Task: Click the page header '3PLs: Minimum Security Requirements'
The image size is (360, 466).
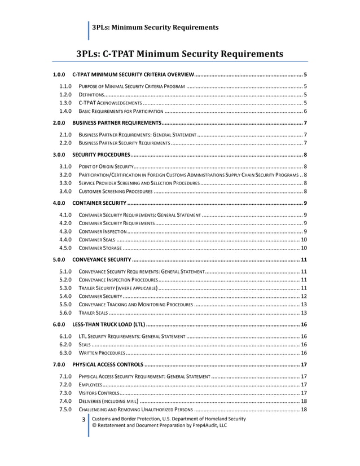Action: (x=155, y=27)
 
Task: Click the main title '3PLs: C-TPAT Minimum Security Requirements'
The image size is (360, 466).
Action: (x=179, y=54)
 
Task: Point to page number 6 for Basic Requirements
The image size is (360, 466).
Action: (x=305, y=112)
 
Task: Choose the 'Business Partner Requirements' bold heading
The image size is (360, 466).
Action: (x=116, y=122)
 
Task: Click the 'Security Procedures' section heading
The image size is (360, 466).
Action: (x=101, y=155)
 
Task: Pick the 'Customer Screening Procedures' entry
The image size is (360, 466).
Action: (x=115, y=192)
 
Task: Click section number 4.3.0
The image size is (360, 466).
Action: (x=65, y=231)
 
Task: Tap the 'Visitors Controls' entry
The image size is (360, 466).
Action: (x=98, y=392)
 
